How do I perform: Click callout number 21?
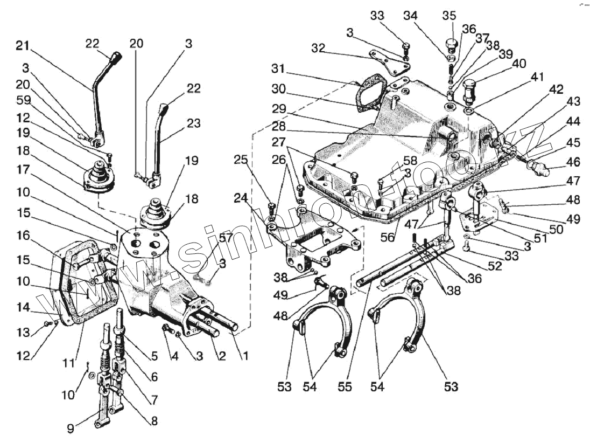coord(22,45)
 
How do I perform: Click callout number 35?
coord(449,15)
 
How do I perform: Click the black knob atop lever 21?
coord(116,57)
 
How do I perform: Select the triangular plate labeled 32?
coord(388,62)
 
